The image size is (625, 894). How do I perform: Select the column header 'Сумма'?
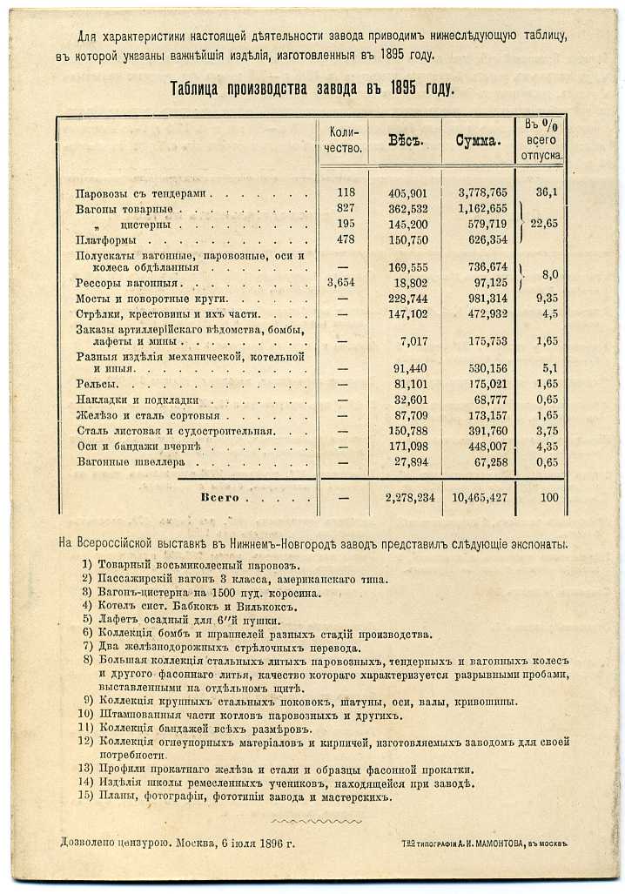pyautogui.click(x=477, y=141)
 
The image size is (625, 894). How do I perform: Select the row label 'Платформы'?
pyautogui.click(x=105, y=240)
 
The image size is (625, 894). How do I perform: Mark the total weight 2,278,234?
pyautogui.click(x=404, y=498)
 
